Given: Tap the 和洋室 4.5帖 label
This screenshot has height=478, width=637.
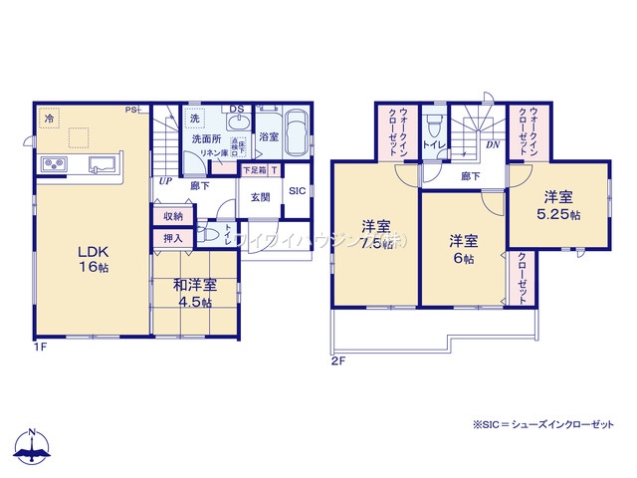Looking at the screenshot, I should click(x=196, y=293).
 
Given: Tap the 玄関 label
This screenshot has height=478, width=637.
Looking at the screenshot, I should click(x=260, y=197).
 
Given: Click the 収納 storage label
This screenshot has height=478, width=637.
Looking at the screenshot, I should click(x=173, y=216).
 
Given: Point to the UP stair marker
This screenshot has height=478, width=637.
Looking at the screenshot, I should click(x=163, y=183).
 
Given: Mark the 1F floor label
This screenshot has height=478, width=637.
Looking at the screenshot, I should click(x=41, y=346).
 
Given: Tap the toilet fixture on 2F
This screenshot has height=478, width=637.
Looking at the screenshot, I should click(x=435, y=130).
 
